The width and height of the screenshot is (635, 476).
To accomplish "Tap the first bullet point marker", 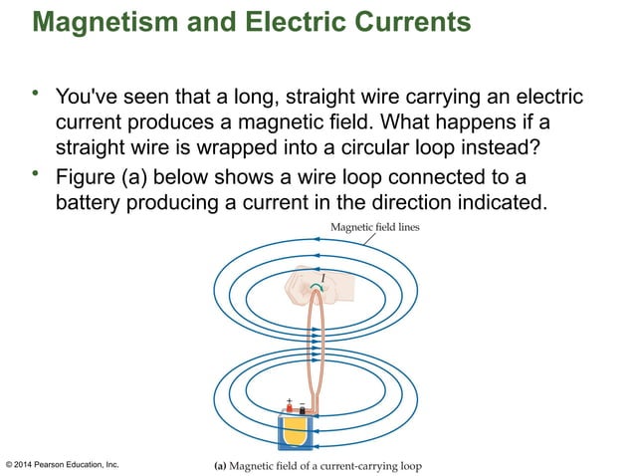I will (37, 95).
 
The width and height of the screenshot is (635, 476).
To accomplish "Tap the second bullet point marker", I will (37, 175).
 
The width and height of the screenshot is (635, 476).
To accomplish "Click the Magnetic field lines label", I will (375, 228).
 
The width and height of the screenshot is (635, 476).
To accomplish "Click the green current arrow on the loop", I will (317, 288).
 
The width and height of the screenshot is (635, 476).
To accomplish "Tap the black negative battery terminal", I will (303, 410).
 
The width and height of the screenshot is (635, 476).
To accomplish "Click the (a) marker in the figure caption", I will (223, 464).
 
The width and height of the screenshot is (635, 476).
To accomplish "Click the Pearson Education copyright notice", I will (62, 464).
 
